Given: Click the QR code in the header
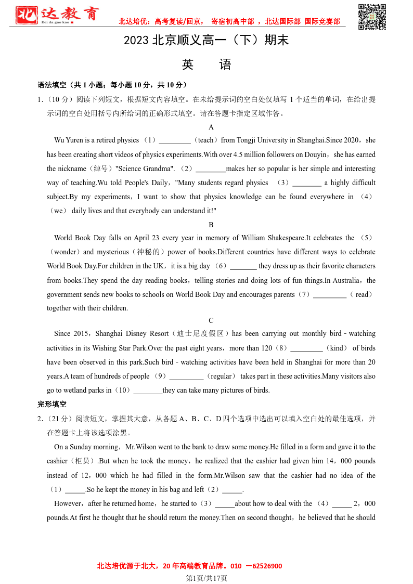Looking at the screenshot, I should (x=372, y=17).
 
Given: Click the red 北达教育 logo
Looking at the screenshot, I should (x=57, y=15).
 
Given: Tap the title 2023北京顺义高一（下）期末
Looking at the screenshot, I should (x=206, y=41).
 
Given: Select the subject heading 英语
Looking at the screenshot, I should (x=206, y=64).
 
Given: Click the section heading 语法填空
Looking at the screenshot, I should (x=52, y=85).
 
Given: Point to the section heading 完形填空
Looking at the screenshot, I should (x=52, y=404).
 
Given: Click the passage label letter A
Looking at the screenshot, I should (x=211, y=127).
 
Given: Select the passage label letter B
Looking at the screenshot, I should (x=211, y=225).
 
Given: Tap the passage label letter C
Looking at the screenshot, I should (x=211, y=320).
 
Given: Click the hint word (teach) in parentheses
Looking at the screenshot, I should (x=206, y=140).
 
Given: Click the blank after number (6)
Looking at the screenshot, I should (x=243, y=266).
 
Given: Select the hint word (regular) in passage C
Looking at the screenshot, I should (x=221, y=376).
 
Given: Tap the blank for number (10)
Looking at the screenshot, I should (x=148, y=391).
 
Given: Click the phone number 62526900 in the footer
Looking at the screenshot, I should (x=264, y=566).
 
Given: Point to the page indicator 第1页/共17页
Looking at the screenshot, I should (x=206, y=578).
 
